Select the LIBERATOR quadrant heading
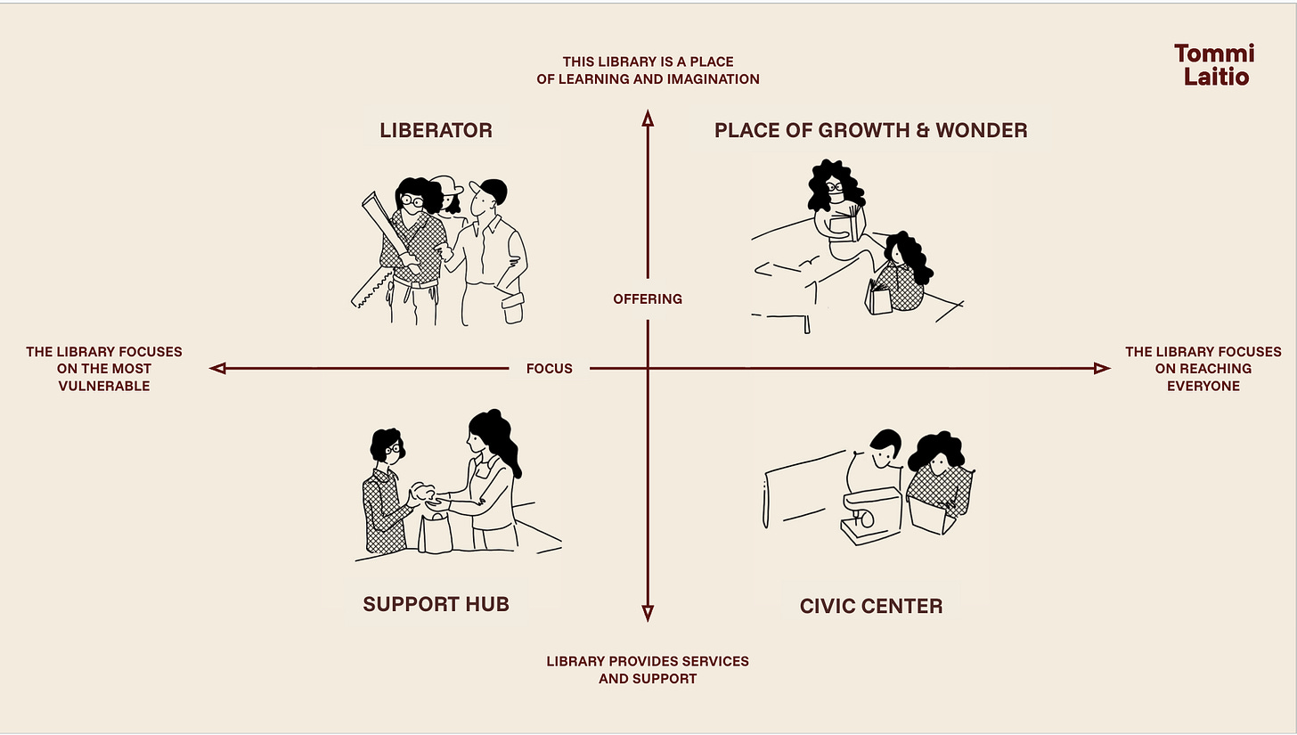pos(436,130)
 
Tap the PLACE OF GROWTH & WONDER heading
pos(870,130)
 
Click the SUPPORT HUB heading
pos(436,604)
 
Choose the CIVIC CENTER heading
pos(870,607)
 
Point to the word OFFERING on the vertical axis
pos(648,299)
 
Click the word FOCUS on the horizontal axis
pos(549,368)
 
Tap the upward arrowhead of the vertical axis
pos(648,118)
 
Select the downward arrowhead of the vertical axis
pos(648,613)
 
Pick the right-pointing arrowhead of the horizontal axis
pos(1102,368)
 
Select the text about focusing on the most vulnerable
pos(104,369)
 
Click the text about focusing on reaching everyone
pos(1203,369)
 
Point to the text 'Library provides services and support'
pos(648,670)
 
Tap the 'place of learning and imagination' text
pos(648,70)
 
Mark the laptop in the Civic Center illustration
pos(931,516)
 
